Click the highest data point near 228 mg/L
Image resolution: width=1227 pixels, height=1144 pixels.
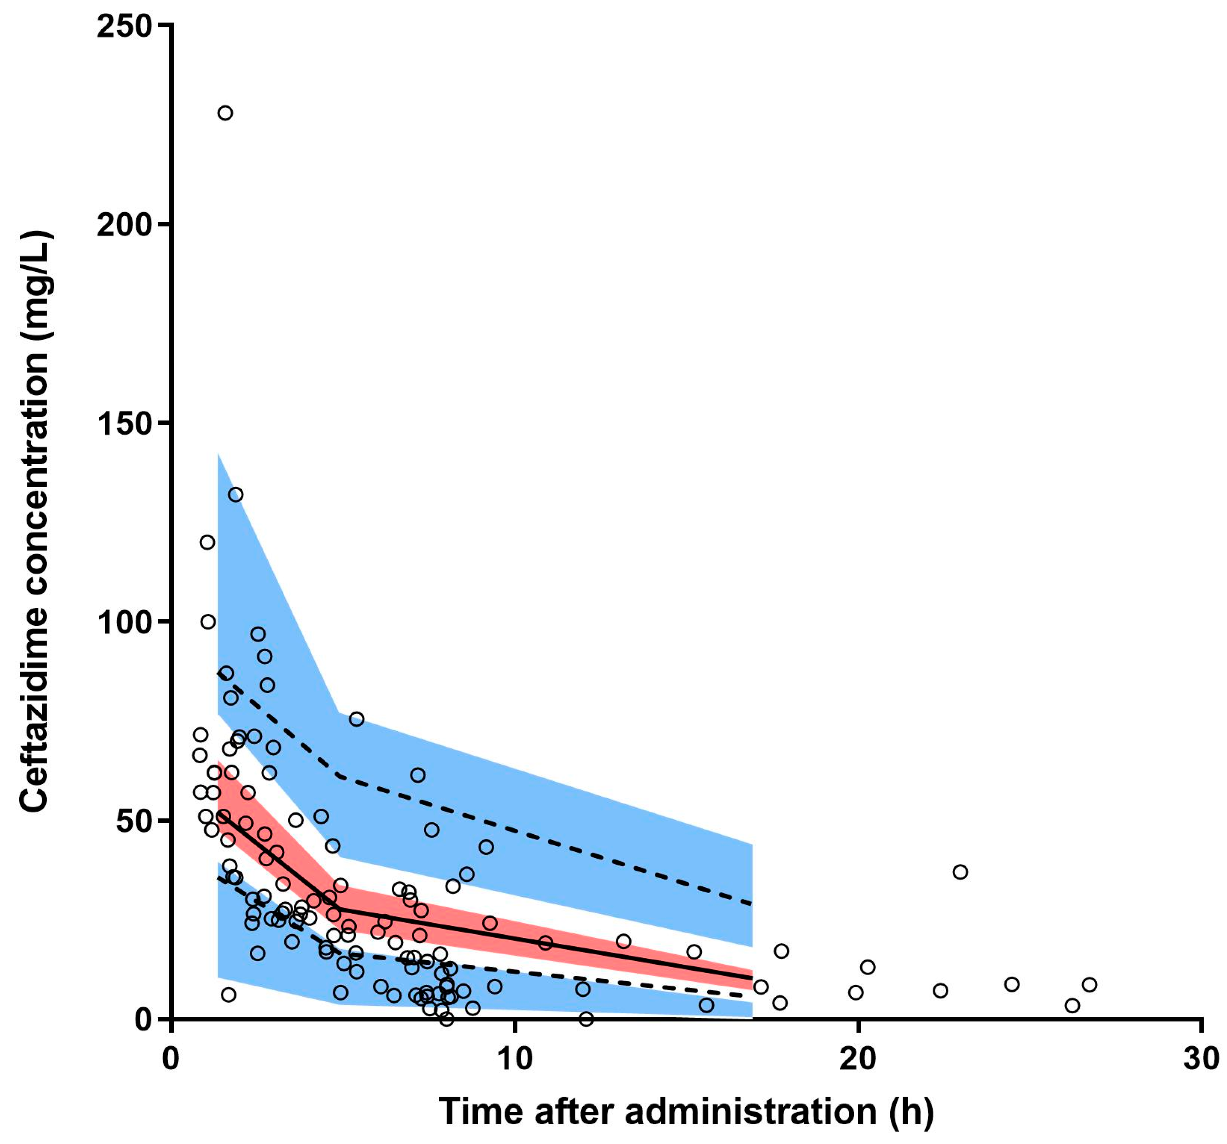[225, 113]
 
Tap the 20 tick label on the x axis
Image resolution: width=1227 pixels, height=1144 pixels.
[858, 1059]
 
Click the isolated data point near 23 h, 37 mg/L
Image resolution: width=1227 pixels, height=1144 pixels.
[960, 872]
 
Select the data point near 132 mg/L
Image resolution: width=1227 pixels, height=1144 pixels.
[236, 494]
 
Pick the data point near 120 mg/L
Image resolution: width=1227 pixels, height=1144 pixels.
[208, 542]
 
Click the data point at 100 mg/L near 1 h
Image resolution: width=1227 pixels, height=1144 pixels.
[208, 621]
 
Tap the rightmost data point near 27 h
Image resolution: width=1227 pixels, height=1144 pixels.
[1089, 984]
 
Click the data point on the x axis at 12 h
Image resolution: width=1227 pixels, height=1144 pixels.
[586, 1019]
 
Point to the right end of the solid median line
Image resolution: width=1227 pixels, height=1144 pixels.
[752, 978]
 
